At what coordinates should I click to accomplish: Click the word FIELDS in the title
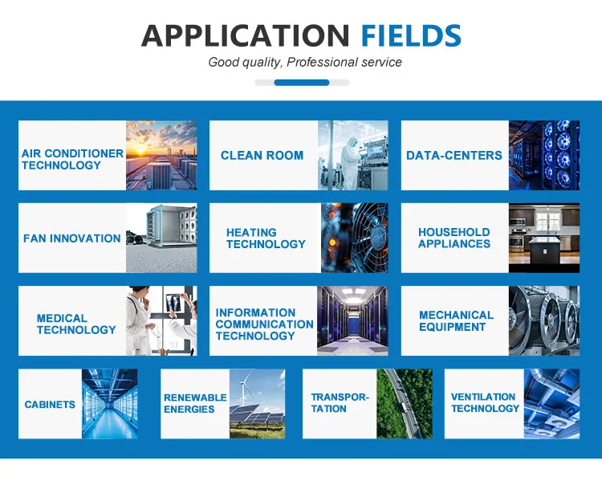411,35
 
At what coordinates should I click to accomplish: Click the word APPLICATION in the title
246,35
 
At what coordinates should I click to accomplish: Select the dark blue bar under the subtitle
301,83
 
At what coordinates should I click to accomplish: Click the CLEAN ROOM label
262,155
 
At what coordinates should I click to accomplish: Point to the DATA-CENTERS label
454,155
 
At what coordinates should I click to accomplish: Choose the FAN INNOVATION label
71,238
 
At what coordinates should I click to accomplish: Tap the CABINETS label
50,404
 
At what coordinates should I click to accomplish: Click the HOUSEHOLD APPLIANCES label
454,238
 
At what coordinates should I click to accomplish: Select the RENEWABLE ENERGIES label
195,403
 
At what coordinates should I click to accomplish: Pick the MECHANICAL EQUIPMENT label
456,320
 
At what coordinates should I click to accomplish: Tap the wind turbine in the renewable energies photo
244,386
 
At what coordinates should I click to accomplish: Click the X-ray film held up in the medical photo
175,303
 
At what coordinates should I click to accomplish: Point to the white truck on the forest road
403,406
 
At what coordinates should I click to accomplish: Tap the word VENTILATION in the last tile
483,397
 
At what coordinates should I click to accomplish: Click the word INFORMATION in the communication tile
255,312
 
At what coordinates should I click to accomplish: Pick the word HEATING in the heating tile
251,232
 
